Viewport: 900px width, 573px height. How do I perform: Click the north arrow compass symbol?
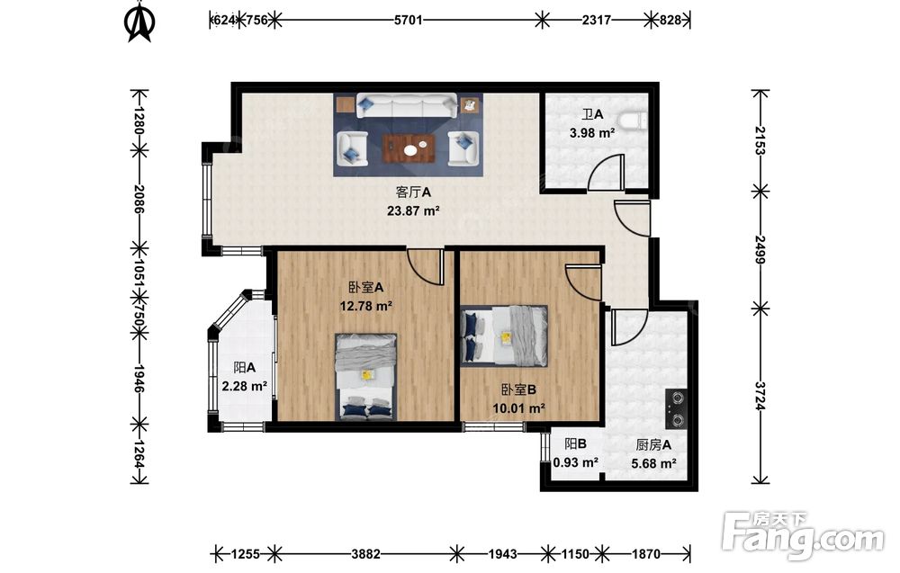pos(139,23)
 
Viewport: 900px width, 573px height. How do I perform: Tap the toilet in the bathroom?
pos(635,121)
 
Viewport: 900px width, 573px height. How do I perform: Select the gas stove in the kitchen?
pos(676,409)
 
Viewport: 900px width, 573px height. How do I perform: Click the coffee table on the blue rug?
pos(409,148)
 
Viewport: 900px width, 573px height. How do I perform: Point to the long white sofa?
pos(407,106)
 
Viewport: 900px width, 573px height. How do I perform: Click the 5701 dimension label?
pos(408,20)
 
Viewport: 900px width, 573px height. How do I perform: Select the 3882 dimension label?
pos(365,554)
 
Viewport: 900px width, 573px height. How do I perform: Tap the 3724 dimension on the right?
pos(760,396)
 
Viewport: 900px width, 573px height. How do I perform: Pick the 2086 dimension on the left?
pos(139,199)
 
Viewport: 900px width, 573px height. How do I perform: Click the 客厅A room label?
pos(413,192)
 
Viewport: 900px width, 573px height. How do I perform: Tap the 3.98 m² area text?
pos(592,133)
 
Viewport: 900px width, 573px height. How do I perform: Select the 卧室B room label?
pos(519,389)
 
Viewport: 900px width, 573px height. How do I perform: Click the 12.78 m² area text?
pos(365,306)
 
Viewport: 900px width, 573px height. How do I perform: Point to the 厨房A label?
pos(653,444)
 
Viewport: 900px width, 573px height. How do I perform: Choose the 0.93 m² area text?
pos(576,462)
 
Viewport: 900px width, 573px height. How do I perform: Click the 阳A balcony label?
pos(245,367)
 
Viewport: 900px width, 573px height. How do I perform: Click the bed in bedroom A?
pos(366,377)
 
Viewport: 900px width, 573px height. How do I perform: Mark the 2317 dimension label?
pos(597,20)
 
